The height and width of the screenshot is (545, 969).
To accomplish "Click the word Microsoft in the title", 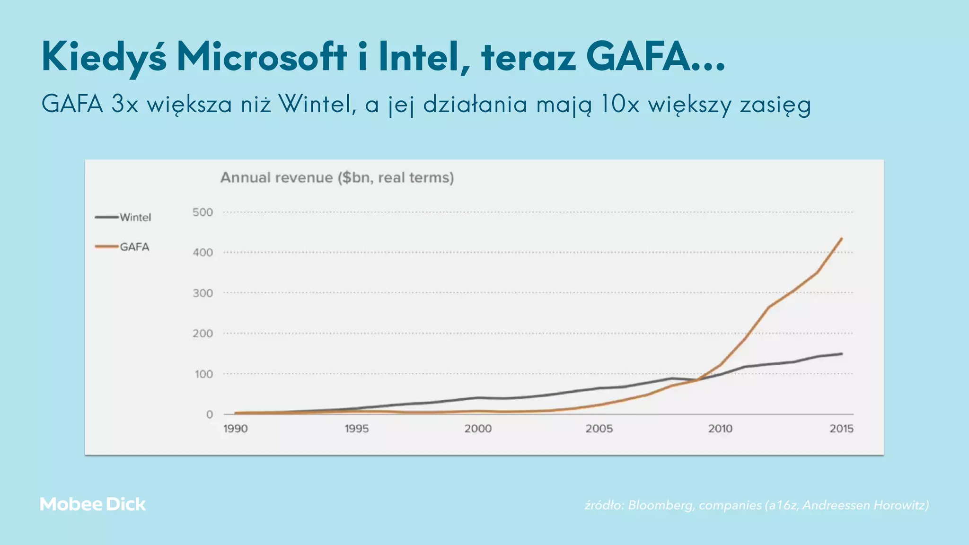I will point(262,57).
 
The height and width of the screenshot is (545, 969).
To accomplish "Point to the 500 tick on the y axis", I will point(203,212).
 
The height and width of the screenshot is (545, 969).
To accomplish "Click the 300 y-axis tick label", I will point(203,293).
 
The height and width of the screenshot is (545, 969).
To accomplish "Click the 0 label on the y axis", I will point(209,414).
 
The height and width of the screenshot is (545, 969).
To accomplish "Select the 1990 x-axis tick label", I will point(235,429).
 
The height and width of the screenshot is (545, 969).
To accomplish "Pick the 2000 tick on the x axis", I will point(478,429).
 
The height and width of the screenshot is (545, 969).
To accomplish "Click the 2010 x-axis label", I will point(720,429).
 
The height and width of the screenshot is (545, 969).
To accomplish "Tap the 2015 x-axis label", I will point(841,429).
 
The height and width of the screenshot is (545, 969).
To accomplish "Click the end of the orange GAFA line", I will point(841,239).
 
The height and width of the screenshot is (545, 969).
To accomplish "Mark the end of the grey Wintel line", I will point(841,354).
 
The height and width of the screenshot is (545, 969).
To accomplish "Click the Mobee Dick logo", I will point(93,504).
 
